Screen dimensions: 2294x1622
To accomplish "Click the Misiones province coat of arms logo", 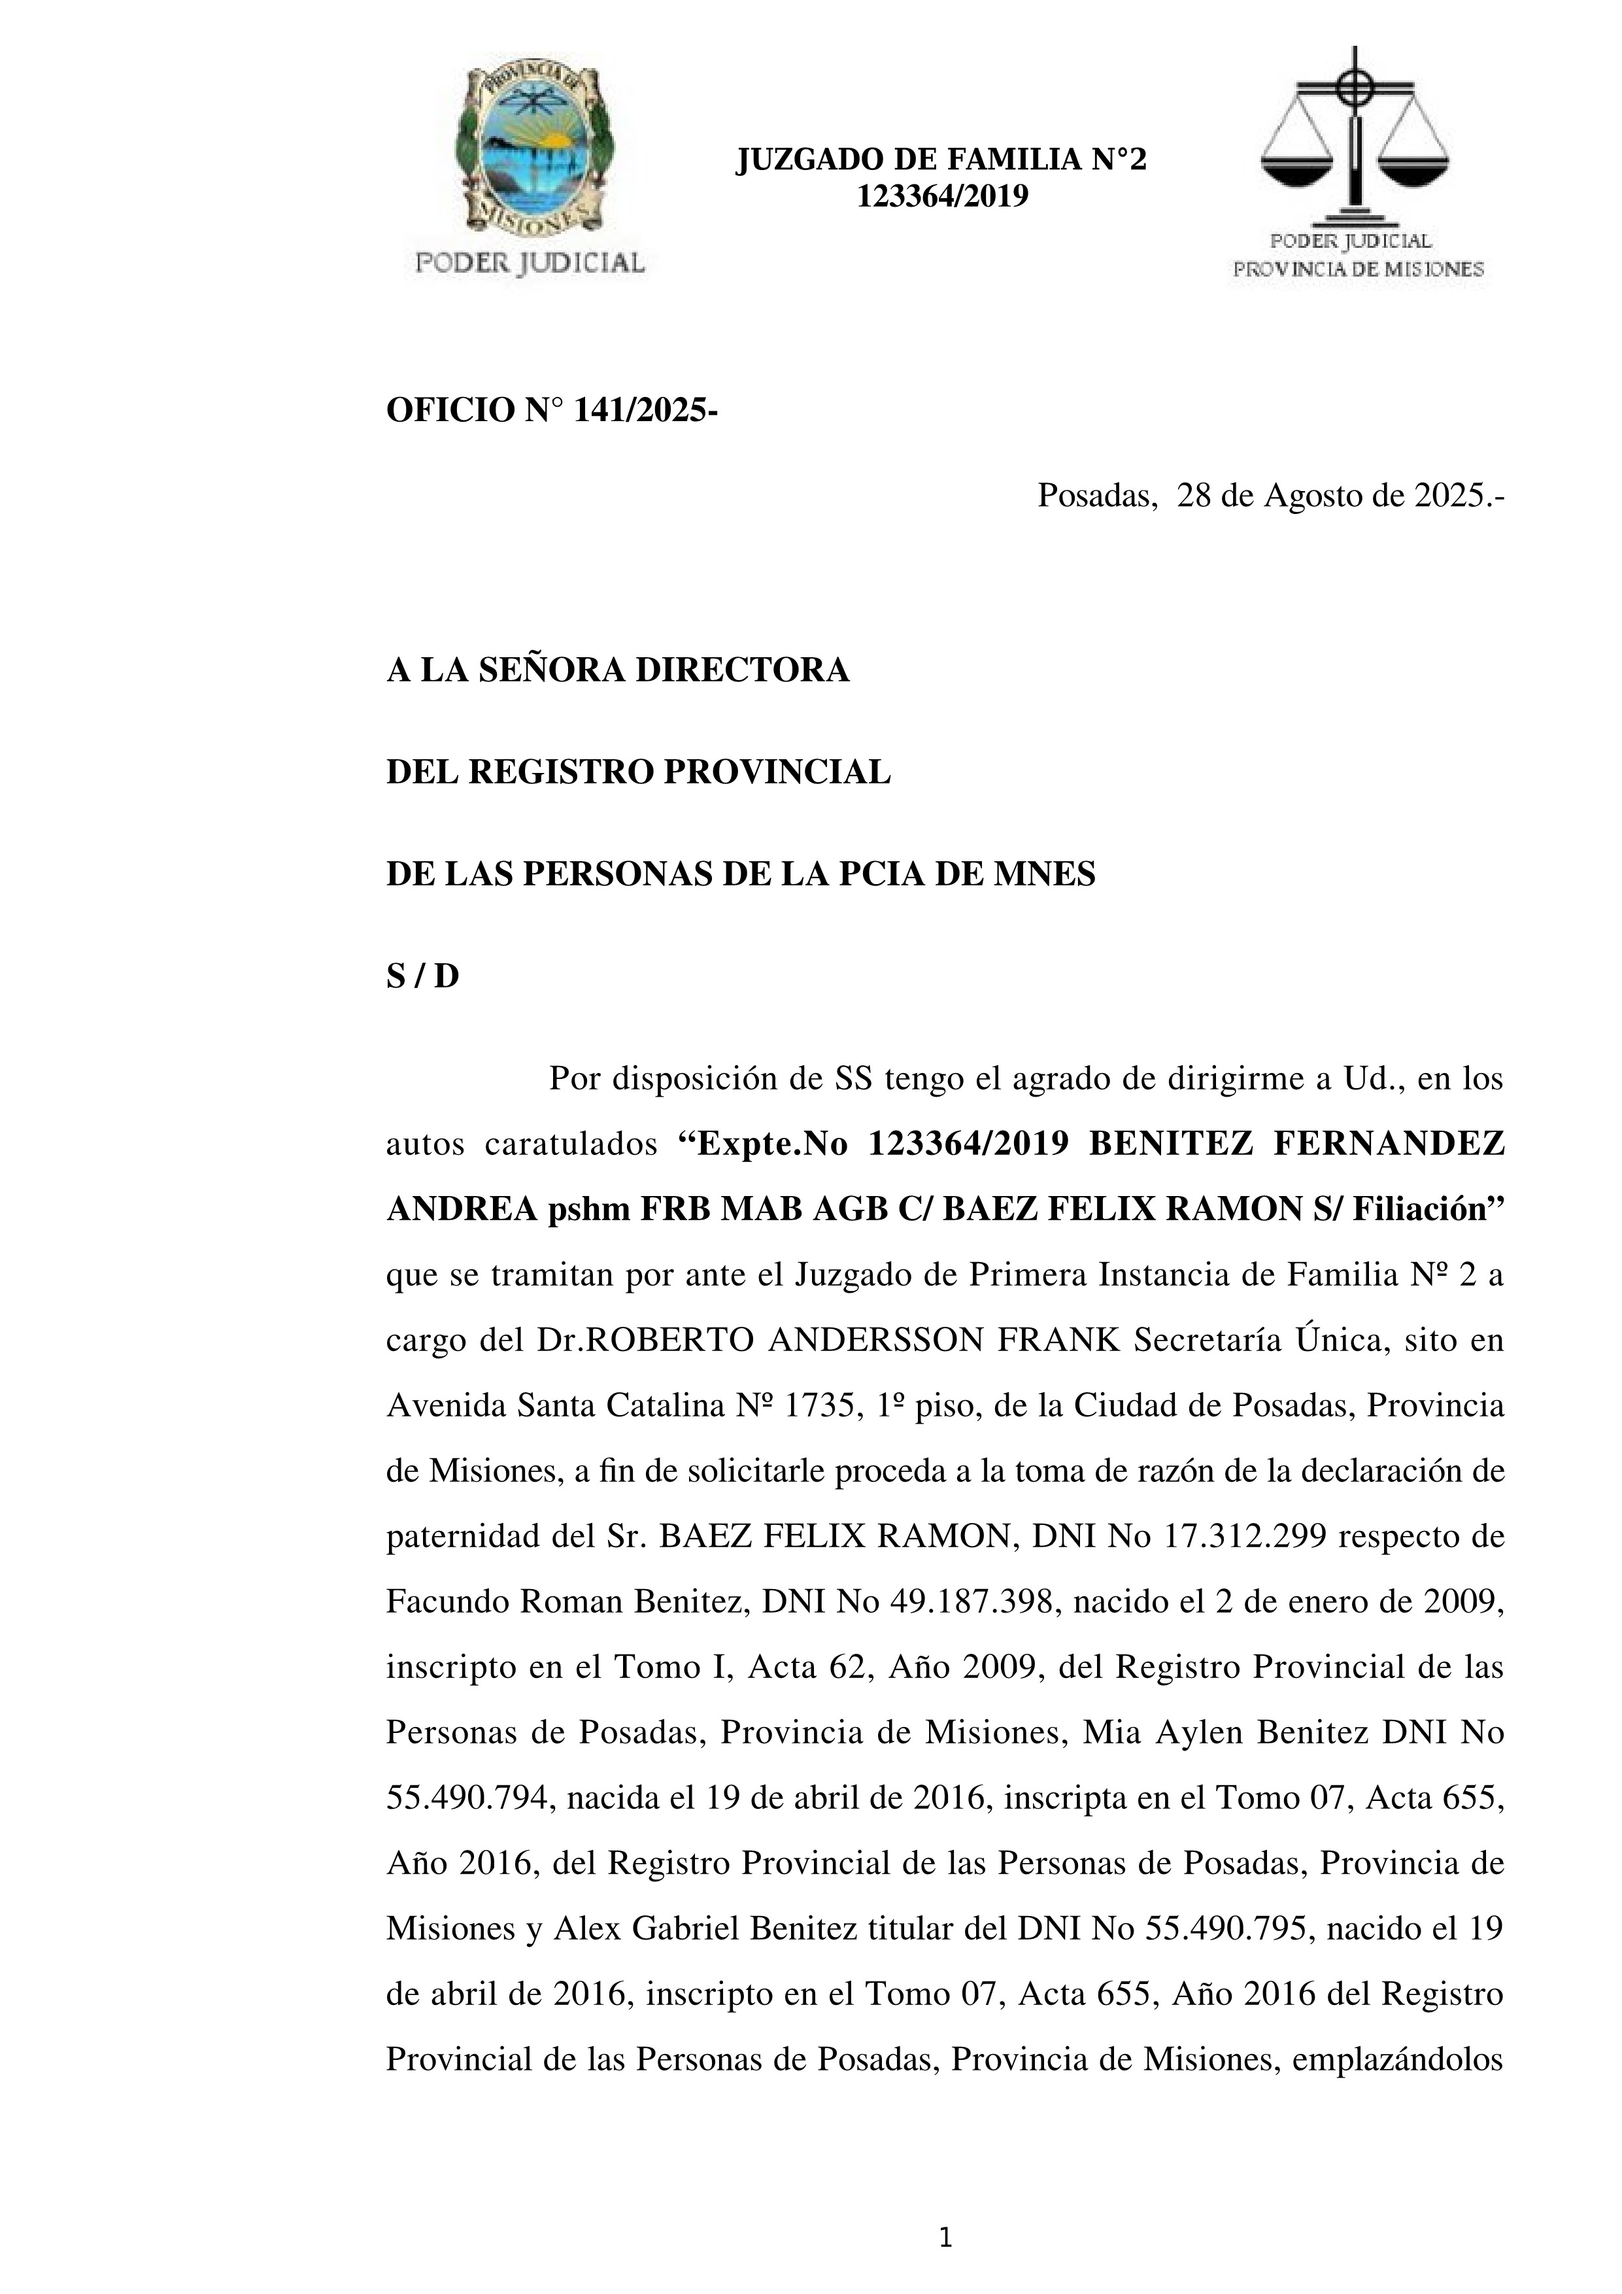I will [532, 155].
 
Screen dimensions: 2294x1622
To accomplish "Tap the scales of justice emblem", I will [1355, 140].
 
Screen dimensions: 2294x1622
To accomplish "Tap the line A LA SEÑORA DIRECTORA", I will [617, 670].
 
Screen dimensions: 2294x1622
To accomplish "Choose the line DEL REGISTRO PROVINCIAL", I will [638, 772].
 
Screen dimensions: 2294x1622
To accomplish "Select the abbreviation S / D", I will [422, 976].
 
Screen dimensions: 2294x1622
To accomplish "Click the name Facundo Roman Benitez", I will [566, 1601].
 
